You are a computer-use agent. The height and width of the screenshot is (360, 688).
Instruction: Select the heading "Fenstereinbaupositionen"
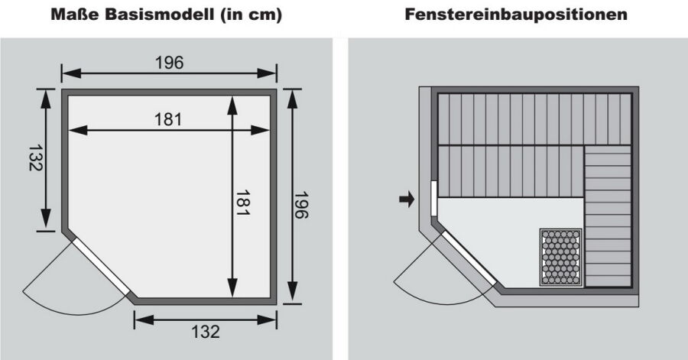pos(516,15)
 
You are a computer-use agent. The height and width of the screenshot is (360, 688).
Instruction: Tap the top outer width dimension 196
pos(170,63)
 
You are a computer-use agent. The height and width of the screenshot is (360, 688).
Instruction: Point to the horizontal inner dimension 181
pos(168,119)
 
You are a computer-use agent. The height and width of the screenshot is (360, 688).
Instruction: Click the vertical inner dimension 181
pos(242,203)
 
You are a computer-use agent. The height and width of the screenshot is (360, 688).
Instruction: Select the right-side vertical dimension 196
pos(301,205)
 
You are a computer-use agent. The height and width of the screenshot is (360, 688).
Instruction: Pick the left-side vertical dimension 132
pos(35,158)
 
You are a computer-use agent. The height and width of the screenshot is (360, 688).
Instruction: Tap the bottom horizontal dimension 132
pos(206,332)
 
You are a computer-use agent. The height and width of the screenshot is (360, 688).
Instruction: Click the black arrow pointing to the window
pos(407,199)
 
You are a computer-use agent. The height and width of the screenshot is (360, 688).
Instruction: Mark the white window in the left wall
pos(434,198)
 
